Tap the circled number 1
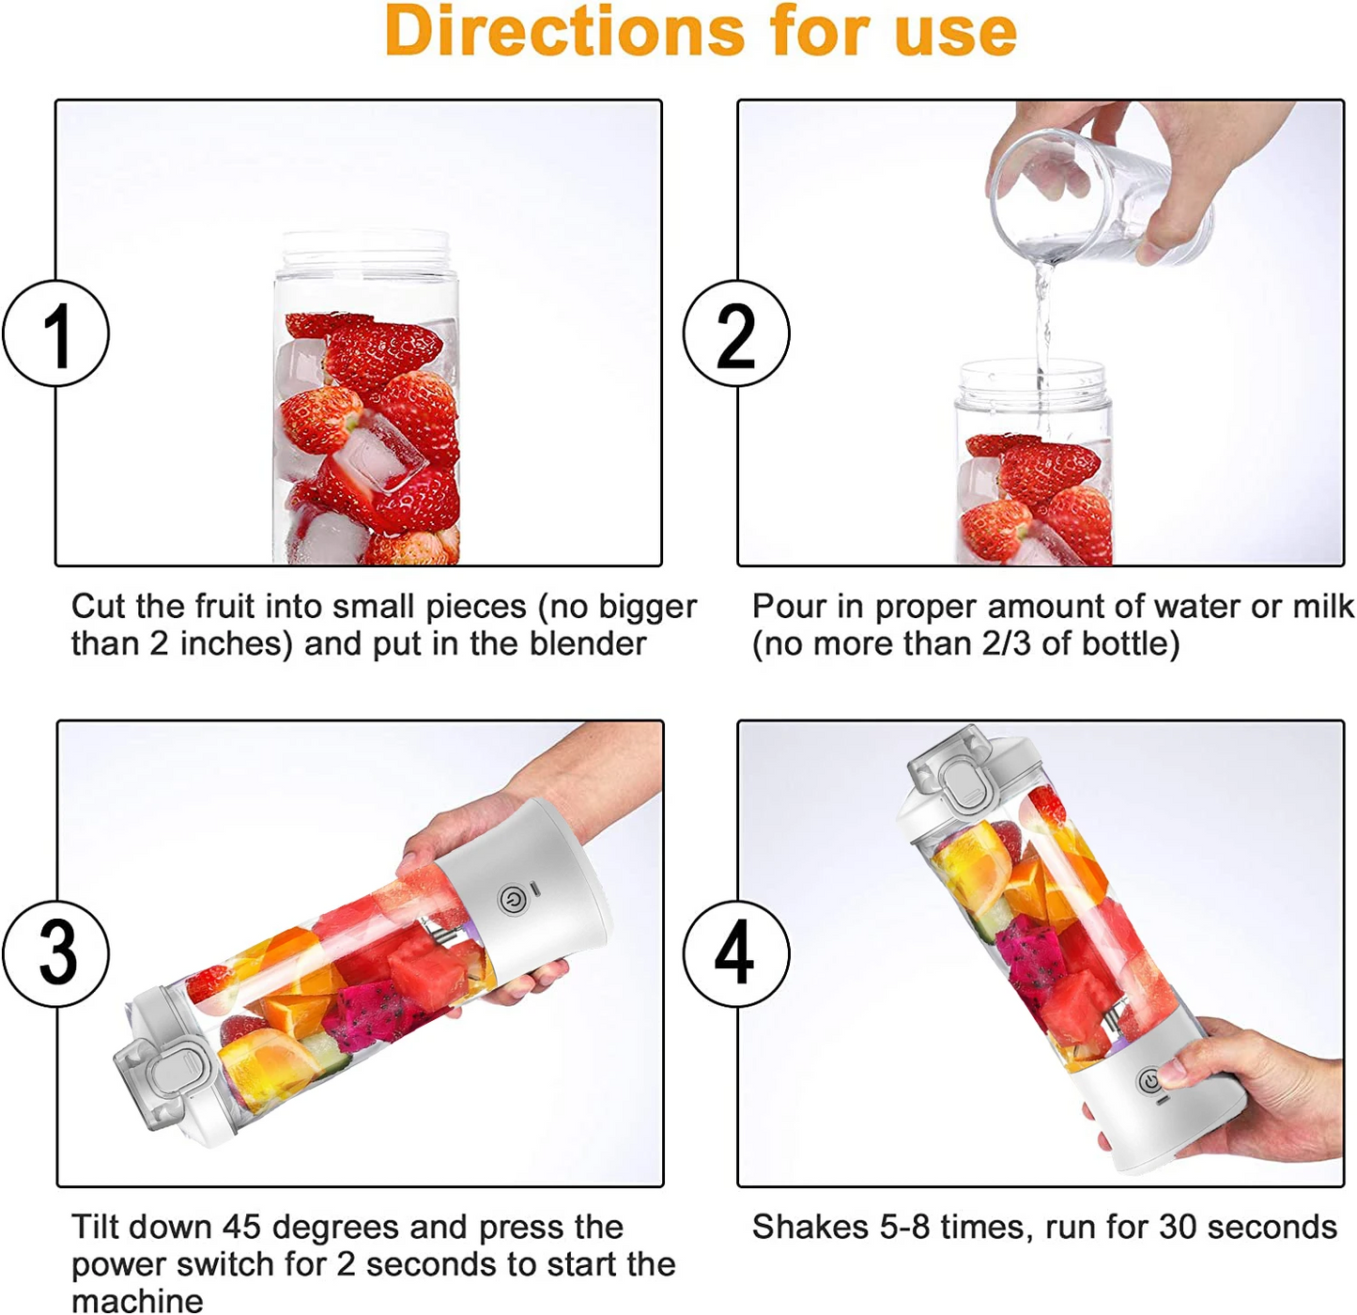[x=56, y=333]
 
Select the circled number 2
[x=735, y=333]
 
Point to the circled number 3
[x=56, y=952]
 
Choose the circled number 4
[x=735, y=952]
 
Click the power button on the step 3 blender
[x=513, y=901]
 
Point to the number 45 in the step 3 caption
[x=241, y=1227]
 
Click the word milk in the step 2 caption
[x=1322, y=607]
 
